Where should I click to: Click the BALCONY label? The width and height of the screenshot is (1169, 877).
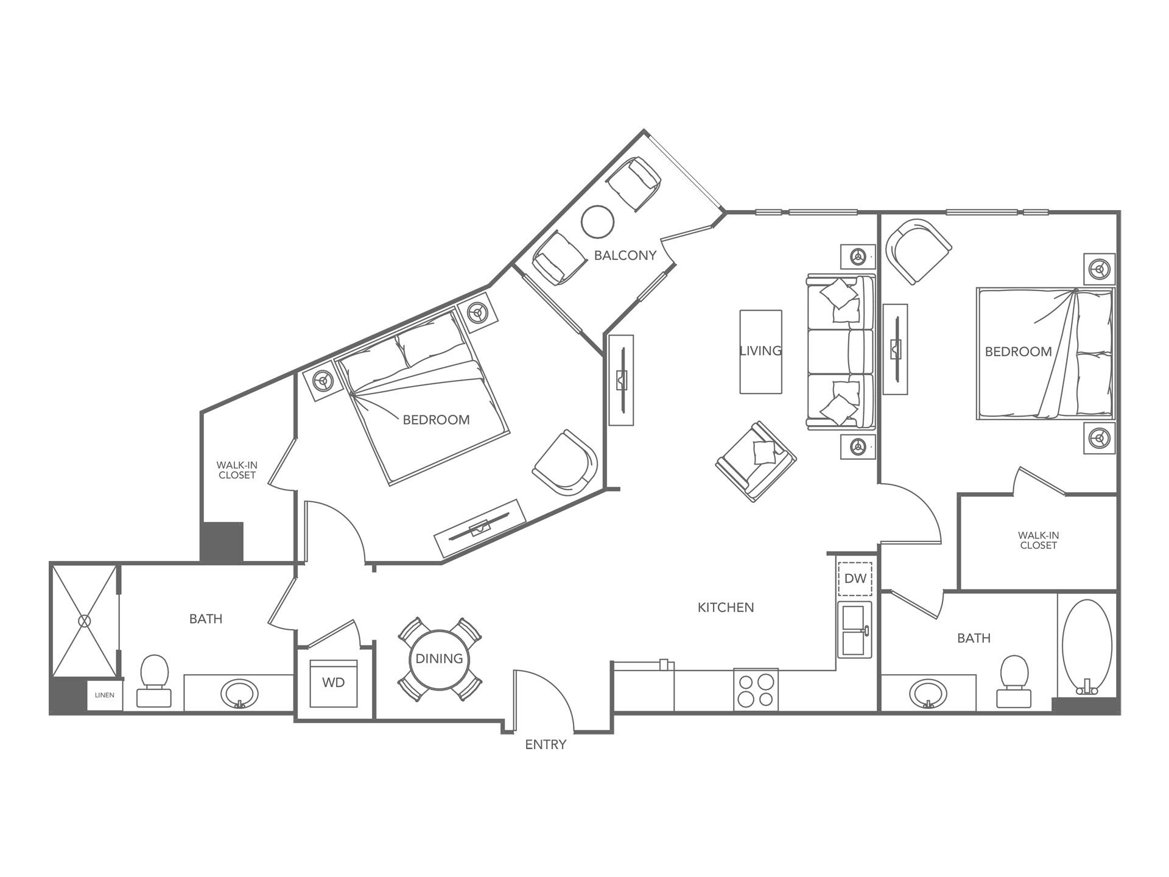click(x=625, y=255)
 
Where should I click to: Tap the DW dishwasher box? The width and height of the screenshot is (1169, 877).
click(x=855, y=578)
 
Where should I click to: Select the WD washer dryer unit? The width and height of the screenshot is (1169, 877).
click(x=333, y=683)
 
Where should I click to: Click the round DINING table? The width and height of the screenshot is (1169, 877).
click(x=439, y=658)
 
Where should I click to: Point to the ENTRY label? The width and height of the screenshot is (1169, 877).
click(x=546, y=744)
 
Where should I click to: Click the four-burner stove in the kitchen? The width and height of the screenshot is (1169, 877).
click(x=756, y=690)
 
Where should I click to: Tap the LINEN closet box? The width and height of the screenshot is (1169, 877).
click(x=105, y=696)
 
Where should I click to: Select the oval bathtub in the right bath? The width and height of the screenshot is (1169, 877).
click(x=1087, y=644)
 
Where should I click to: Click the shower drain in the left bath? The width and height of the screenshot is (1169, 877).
click(x=84, y=621)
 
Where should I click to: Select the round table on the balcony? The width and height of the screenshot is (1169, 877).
click(x=597, y=222)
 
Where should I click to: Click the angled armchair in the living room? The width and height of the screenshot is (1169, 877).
click(x=756, y=461)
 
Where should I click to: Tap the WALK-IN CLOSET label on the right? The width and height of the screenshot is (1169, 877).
click(x=1038, y=540)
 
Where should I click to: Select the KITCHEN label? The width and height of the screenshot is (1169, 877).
click(x=725, y=607)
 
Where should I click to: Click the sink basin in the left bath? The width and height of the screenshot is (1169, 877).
click(x=239, y=693)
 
